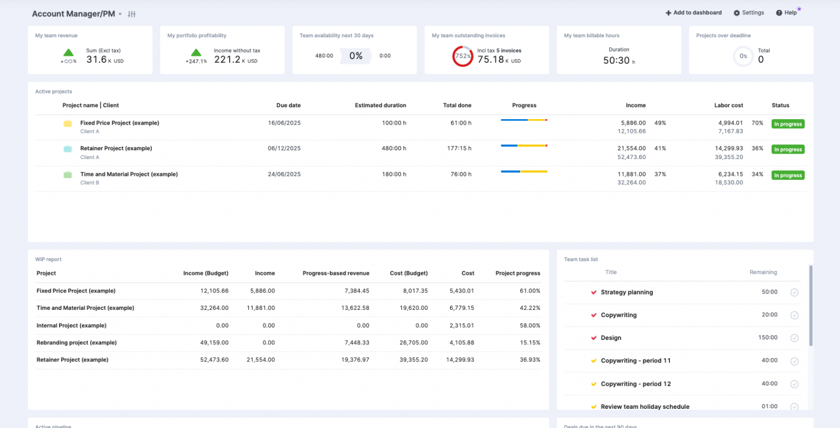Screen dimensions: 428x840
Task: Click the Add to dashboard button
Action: pyautogui.click(x=693, y=13)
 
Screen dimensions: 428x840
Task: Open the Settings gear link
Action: pyautogui.click(x=749, y=13)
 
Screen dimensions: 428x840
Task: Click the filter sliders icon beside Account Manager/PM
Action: pyautogui.click(x=131, y=14)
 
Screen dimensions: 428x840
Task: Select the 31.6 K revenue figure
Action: pyautogui.click(x=96, y=60)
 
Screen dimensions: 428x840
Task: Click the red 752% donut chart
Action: pyautogui.click(x=463, y=56)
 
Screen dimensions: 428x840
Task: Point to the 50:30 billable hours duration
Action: pyautogui.click(x=616, y=60)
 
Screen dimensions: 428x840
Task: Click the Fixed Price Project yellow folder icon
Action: pyautogui.click(x=68, y=124)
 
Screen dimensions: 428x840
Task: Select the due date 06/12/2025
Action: pyautogui.click(x=284, y=148)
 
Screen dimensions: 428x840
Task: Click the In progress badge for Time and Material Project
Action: pyautogui.click(x=788, y=175)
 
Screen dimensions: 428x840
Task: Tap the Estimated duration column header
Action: pyautogui.click(x=380, y=105)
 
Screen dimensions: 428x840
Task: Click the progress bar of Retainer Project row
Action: pyautogui.click(x=524, y=145)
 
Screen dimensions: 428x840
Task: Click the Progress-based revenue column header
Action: pyautogui.click(x=336, y=273)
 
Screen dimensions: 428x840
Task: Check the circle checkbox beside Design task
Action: pyautogui.click(x=795, y=338)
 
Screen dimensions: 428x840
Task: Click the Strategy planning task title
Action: pyautogui.click(x=627, y=292)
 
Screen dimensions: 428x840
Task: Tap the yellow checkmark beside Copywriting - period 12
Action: pyautogui.click(x=593, y=384)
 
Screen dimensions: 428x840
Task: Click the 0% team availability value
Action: pyautogui.click(x=356, y=56)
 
